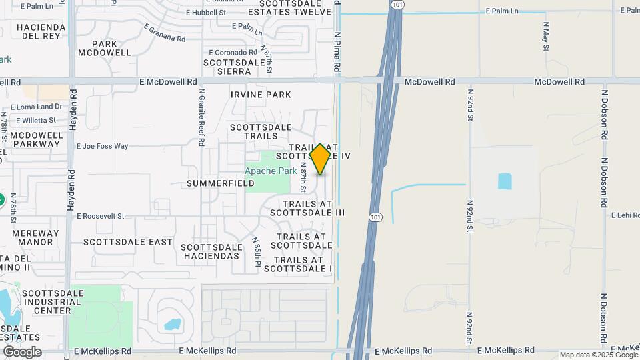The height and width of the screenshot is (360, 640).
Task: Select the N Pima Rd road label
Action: [x=337, y=53]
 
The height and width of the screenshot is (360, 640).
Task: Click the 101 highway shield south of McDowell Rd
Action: [x=375, y=217]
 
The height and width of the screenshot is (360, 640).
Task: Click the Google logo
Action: [x=22, y=352]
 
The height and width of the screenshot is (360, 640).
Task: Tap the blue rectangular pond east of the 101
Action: [x=505, y=181]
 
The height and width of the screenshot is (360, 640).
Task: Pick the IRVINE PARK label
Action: [x=261, y=95]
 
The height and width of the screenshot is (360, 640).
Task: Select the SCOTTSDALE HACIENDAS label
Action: [x=211, y=251]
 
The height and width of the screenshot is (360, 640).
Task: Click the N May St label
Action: [x=545, y=37]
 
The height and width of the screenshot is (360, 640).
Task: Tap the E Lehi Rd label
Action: [x=625, y=215]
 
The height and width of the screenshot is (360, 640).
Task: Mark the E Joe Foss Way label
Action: [x=102, y=146]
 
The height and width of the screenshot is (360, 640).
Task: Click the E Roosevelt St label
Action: [x=101, y=216]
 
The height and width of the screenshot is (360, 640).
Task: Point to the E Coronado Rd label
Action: [x=233, y=52]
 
